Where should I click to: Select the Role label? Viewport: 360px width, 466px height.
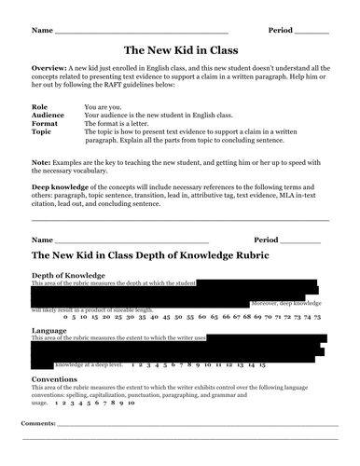click(x=39, y=108)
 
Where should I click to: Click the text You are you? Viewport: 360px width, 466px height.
click(x=103, y=108)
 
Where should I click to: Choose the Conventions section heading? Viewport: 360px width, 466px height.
click(x=61, y=380)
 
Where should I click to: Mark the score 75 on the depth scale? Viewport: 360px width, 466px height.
click(x=318, y=317)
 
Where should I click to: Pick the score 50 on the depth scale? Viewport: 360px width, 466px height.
click(x=166, y=317)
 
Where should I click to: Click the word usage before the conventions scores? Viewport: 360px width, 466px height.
click(x=40, y=404)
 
